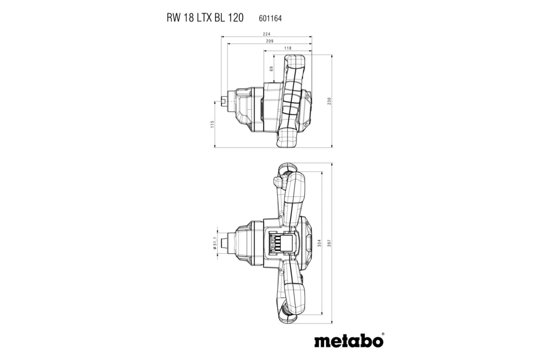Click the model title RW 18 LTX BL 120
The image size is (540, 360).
pos(205,18)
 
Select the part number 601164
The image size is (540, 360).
pos(270,18)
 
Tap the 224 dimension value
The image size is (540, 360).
pos(266,34)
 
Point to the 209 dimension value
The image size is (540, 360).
pos(269,41)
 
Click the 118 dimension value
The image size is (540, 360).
pos(288,48)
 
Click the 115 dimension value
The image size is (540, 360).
pos(212,124)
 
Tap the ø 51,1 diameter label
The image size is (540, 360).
pos(214,243)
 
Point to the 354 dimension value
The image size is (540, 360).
pos(319,243)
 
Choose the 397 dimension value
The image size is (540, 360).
pos(329,243)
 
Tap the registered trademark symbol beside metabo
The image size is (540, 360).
pos(382,334)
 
